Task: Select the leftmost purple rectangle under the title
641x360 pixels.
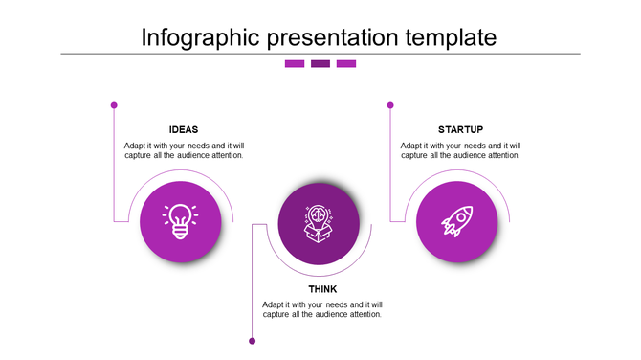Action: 295,64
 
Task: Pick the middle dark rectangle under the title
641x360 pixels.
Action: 320,64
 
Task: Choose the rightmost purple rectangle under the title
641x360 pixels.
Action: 346,64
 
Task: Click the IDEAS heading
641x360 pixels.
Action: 184,130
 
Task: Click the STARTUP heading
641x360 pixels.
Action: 460,130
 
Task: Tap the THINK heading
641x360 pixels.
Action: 322,289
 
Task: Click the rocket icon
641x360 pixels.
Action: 456,221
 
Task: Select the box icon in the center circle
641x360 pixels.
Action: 319,223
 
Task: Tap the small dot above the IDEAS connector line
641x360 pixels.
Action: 114,105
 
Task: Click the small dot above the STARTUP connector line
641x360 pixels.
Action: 390,105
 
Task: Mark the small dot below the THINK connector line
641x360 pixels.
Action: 253,340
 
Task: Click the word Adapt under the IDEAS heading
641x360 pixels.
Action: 135,146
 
